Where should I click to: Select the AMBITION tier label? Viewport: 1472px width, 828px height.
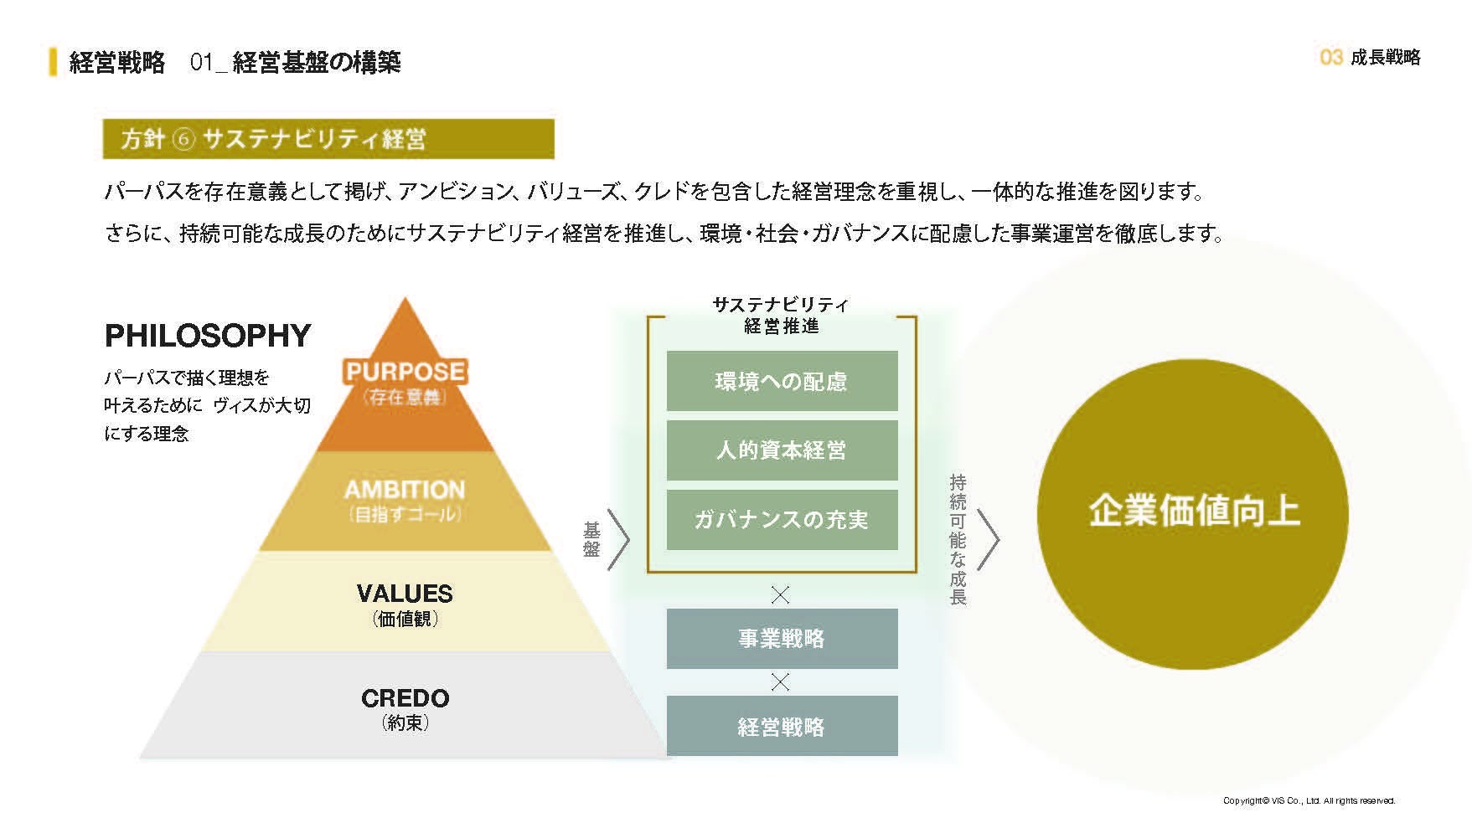tap(405, 490)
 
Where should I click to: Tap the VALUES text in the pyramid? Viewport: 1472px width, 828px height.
tap(405, 594)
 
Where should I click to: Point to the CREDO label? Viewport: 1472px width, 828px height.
tap(405, 698)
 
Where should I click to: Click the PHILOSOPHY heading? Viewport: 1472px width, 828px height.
tap(208, 336)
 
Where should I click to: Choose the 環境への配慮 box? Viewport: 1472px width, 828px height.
tap(782, 382)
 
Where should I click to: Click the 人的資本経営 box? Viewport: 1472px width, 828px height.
tap(782, 450)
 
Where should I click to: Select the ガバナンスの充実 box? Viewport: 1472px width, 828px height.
tap(782, 520)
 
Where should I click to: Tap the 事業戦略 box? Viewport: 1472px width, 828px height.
tap(782, 639)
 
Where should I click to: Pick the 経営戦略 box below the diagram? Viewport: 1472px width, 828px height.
tap(782, 726)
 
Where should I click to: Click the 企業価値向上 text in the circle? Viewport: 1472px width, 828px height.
tap(1193, 511)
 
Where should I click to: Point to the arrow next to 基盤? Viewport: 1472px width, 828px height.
tap(618, 540)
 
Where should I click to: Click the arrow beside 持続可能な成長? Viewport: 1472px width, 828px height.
tap(989, 540)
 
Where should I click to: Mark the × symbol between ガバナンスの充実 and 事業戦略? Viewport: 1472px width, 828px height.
tap(780, 595)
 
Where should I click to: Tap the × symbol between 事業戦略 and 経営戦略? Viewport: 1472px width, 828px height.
tap(780, 682)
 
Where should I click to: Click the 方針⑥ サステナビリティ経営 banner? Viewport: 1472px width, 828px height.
tap(328, 139)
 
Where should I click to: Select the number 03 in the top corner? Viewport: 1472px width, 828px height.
tap(1330, 57)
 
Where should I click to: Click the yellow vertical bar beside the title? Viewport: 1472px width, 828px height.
tap(54, 62)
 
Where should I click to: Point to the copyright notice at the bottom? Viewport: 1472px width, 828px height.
tap(1309, 800)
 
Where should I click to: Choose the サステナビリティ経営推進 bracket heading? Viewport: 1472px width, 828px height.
tap(781, 316)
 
